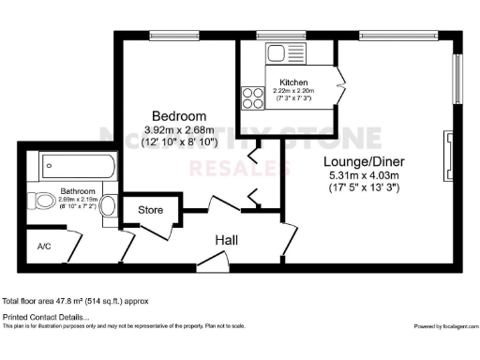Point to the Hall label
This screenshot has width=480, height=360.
(226, 241)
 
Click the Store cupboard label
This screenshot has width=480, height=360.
(151, 210)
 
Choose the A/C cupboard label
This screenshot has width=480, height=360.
(44, 247)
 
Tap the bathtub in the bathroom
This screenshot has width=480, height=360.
(78, 169)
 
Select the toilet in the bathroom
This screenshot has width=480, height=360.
(44, 200)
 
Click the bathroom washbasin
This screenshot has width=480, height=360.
(109, 204)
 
